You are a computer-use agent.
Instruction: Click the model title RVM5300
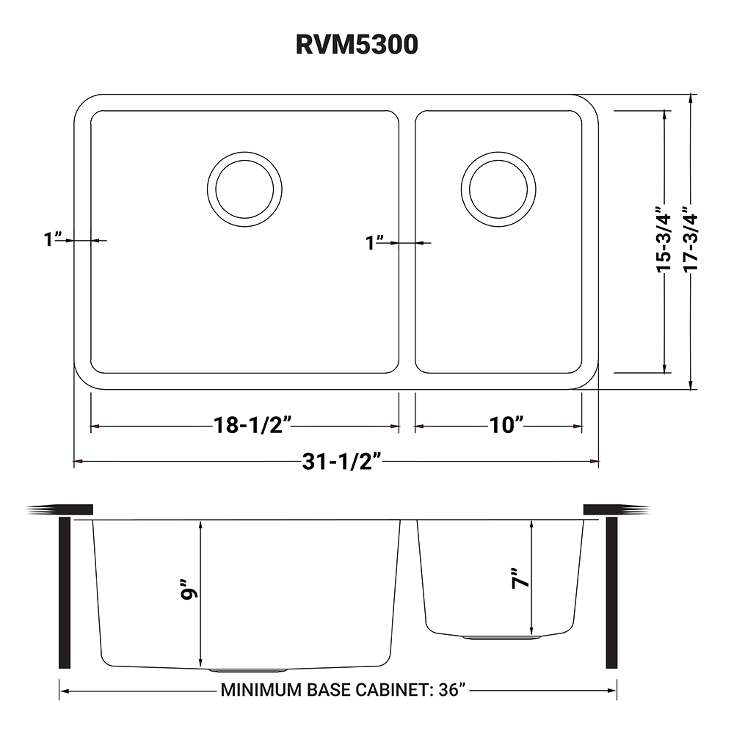357,45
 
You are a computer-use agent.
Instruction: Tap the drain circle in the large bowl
244,186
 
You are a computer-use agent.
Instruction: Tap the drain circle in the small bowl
498,186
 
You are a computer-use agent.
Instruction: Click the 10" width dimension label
504,425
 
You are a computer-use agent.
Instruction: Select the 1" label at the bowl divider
376,242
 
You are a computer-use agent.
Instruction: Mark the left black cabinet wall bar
64,592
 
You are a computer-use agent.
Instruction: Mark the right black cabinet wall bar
611,592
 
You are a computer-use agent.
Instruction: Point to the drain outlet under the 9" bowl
247,669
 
